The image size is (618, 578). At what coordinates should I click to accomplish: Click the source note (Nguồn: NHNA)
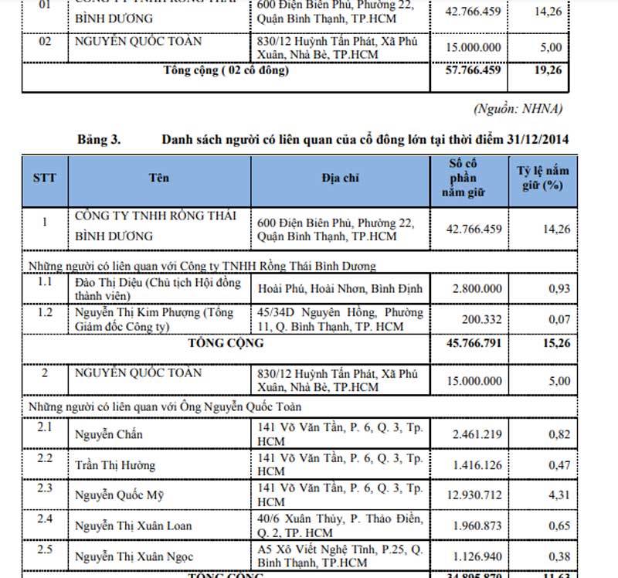click(517, 107)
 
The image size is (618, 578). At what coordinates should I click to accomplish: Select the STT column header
click(44, 177)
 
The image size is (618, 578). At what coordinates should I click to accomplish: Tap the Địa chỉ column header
click(341, 177)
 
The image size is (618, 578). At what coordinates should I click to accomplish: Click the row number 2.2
click(45, 458)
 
